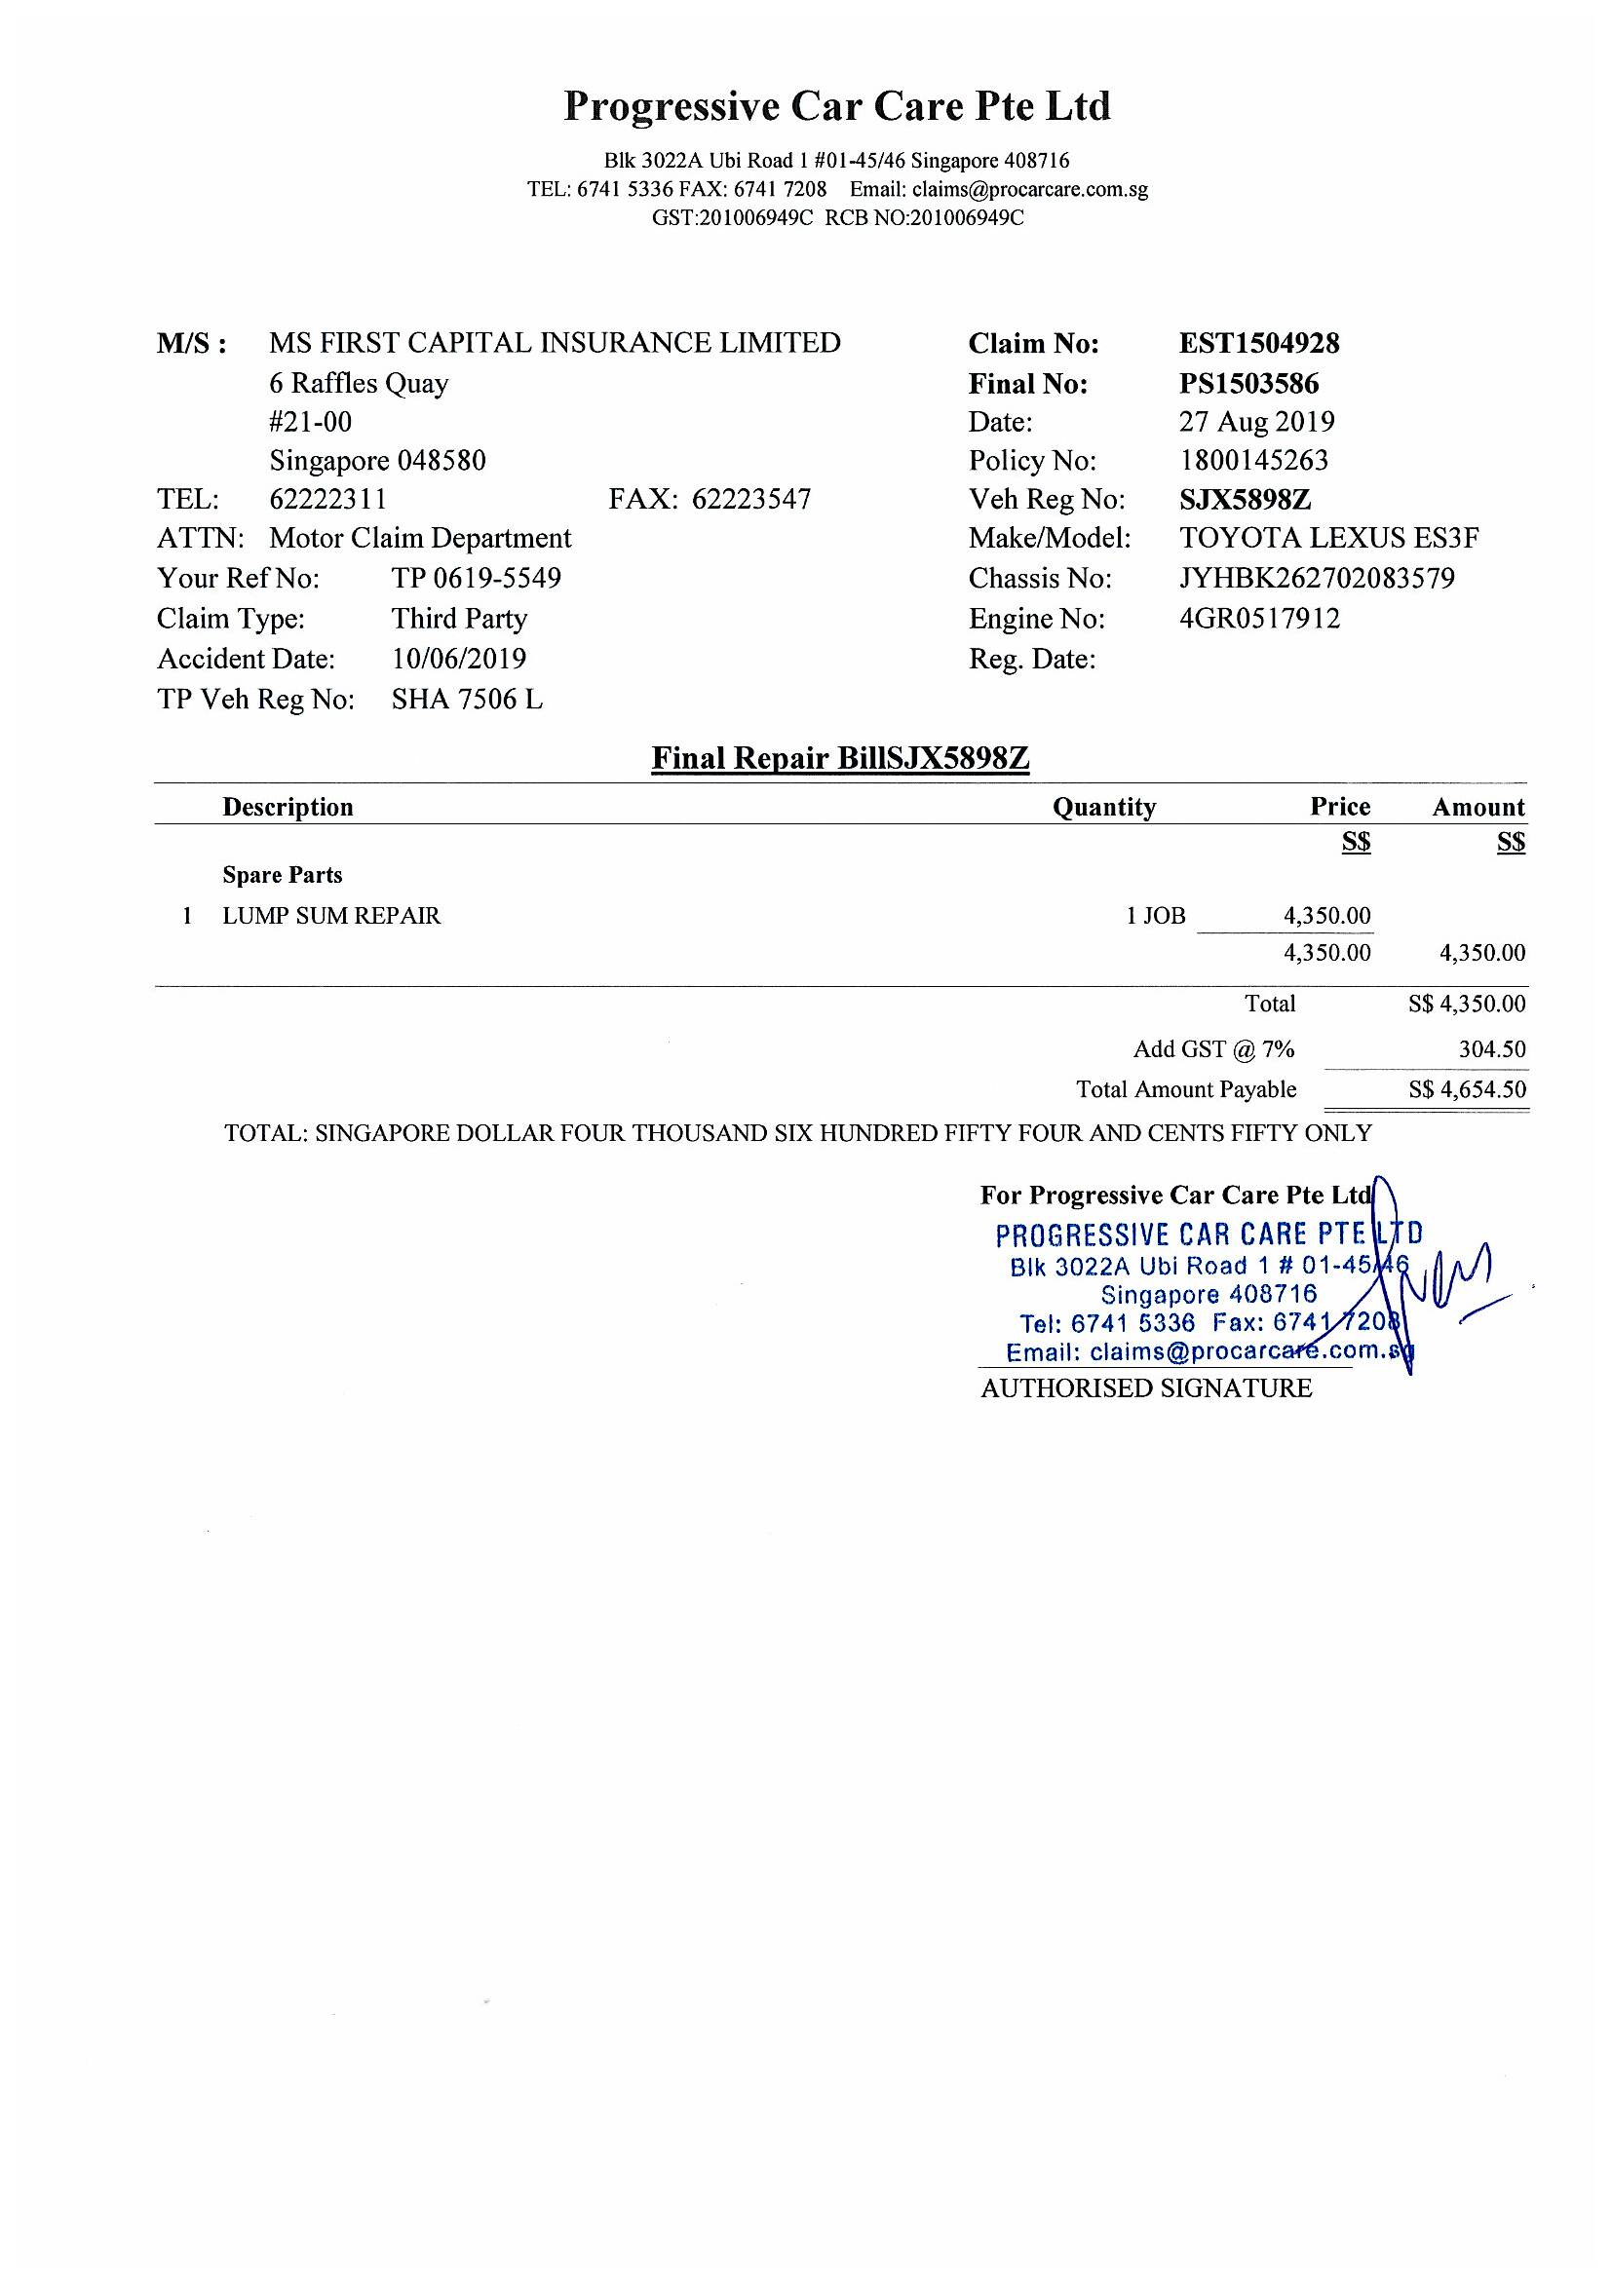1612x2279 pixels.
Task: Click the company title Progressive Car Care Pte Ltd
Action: pos(837,106)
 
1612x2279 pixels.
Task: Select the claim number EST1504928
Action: pos(1258,343)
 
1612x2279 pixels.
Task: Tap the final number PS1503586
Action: pos(1248,383)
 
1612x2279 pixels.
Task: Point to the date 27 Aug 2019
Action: pos(1256,422)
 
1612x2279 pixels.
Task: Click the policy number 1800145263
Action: pos(1253,461)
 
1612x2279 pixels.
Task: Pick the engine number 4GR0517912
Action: pos(1259,620)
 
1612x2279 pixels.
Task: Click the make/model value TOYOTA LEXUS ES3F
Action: pos(1329,539)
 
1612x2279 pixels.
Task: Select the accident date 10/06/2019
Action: pos(459,659)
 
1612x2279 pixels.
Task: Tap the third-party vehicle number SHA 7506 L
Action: pos(467,700)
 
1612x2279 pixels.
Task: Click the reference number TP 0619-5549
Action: pos(477,579)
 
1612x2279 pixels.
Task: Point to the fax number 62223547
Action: pos(751,499)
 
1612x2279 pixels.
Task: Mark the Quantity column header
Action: pos(1104,808)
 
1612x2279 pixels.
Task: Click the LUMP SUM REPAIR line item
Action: pos(331,916)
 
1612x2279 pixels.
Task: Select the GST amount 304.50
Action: pos(1492,1050)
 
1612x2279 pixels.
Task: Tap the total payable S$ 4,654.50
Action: pos(1466,1090)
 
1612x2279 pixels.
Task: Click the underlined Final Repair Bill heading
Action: pos(840,759)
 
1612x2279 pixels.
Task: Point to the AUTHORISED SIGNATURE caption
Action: pos(1146,1388)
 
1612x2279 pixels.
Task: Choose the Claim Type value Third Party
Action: pos(459,620)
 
